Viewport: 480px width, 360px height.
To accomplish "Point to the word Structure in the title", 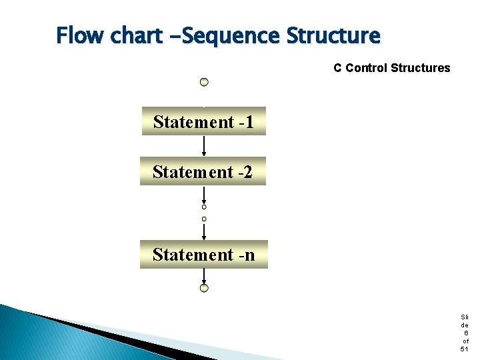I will tap(333, 35).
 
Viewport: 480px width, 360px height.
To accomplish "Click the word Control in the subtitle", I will tap(366, 68).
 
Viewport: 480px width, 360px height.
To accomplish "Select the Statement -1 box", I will tap(203, 121).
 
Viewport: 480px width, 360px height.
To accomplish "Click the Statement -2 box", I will tap(203, 171).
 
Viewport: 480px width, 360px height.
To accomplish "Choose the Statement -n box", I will tap(203, 255).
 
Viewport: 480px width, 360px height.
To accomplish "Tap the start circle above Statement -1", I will tap(204, 82).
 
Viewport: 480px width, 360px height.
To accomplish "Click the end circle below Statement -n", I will tap(204, 288).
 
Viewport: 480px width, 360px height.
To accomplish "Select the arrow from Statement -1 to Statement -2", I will tap(204, 146).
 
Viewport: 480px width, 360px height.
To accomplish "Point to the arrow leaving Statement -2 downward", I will tap(204, 195).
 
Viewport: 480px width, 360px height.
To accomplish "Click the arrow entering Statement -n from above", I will tap(204, 231).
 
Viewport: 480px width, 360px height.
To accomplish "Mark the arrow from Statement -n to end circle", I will tap(204, 276).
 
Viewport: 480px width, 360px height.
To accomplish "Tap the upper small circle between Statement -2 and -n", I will tap(204, 207).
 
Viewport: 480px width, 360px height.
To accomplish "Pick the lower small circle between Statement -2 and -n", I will tap(204, 219).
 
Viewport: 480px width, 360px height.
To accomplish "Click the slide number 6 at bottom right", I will tap(465, 333).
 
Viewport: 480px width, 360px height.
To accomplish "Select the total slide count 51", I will tap(465, 349).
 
